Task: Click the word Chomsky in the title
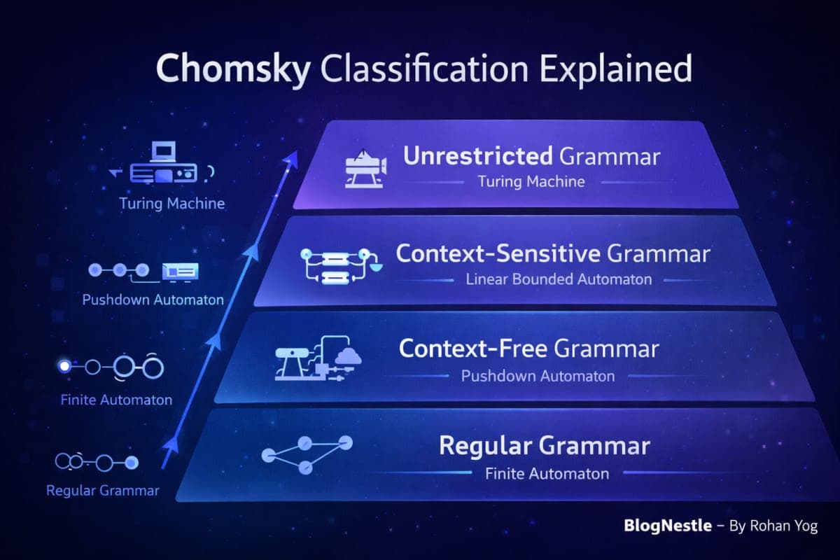[x=230, y=70]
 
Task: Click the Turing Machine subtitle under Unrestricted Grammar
[x=531, y=182]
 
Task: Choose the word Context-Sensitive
[x=498, y=253]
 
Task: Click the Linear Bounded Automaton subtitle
[x=559, y=279]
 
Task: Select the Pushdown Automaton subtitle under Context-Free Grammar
[x=538, y=376]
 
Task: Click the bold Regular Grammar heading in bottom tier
[x=544, y=445]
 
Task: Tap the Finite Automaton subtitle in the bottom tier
[x=547, y=474]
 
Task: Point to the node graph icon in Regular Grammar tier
[x=306, y=453]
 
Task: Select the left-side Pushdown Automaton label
[x=153, y=300]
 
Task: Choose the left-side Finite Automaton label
[x=115, y=400]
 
